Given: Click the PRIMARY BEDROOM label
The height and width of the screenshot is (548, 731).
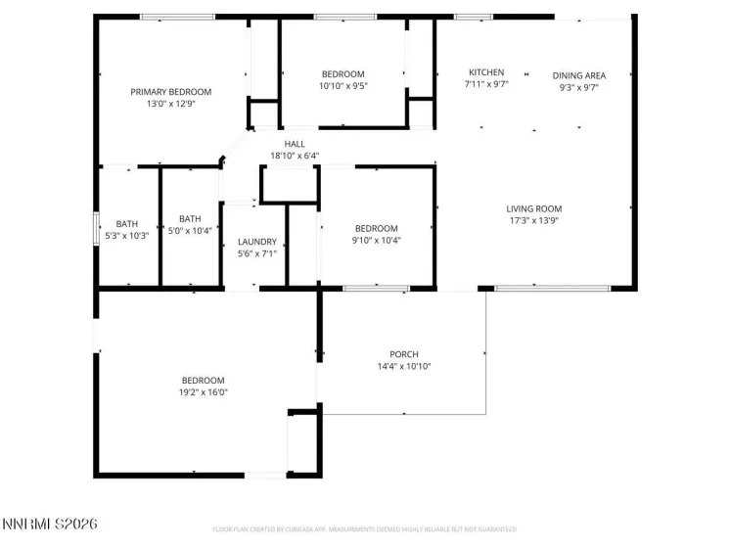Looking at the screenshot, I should pyautogui.click(x=171, y=92).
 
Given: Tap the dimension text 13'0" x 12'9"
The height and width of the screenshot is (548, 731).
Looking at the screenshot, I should pyautogui.click(x=171, y=104).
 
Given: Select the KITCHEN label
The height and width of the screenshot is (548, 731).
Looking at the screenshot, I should pyautogui.click(x=486, y=73).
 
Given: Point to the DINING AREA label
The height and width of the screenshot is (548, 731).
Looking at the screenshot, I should pyautogui.click(x=578, y=75).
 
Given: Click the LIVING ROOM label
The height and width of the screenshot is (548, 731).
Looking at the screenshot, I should pyautogui.click(x=533, y=208).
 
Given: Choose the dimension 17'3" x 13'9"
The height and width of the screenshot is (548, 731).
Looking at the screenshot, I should pyautogui.click(x=533, y=220).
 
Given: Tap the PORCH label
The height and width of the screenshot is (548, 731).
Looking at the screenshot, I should pyautogui.click(x=404, y=354).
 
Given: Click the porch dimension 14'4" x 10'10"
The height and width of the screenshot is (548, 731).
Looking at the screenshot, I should pyautogui.click(x=404, y=366).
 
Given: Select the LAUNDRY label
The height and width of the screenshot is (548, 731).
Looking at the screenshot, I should pyautogui.click(x=257, y=242).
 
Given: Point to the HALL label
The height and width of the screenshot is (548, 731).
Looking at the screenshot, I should pyautogui.click(x=295, y=144).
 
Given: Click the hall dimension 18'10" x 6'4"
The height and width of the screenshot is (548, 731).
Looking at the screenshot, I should pyautogui.click(x=295, y=156).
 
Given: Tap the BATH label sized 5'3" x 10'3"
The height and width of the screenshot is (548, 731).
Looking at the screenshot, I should pyautogui.click(x=127, y=223).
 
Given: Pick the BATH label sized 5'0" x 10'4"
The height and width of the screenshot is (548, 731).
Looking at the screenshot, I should pyautogui.click(x=190, y=219).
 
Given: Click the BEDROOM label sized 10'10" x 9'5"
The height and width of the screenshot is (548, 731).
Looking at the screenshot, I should pyautogui.click(x=343, y=74).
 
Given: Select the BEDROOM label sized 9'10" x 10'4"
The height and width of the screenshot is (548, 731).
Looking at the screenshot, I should pyautogui.click(x=377, y=228).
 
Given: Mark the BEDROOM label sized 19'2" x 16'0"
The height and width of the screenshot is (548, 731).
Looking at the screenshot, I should pyautogui.click(x=203, y=381).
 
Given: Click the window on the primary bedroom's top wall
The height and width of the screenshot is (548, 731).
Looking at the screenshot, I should pyautogui.click(x=177, y=17).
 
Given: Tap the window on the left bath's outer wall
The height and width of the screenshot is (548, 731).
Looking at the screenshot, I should pyautogui.click(x=95, y=228).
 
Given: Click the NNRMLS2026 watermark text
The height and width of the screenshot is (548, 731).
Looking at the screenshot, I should pyautogui.click(x=49, y=525).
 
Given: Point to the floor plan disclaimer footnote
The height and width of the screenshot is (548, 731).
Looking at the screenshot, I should pyautogui.click(x=364, y=530).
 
